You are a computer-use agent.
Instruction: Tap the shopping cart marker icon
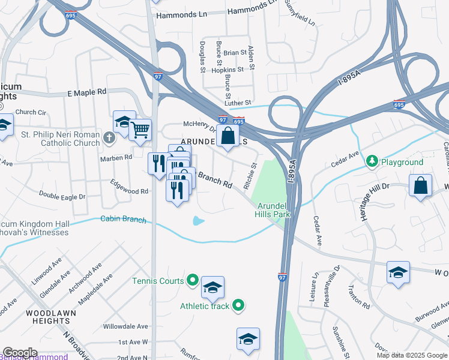[140, 130]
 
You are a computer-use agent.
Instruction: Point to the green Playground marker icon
[372, 162]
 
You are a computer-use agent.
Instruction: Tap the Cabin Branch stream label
[123, 220]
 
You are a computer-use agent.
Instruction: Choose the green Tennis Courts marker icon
[193, 280]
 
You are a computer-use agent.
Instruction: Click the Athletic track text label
[205, 307]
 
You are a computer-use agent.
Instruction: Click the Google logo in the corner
[20, 353]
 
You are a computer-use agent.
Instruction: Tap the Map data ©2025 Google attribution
[412, 355]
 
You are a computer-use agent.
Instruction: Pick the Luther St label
[237, 103]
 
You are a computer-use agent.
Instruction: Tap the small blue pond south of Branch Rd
[198, 221]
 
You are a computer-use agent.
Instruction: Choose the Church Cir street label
[31, 112]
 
